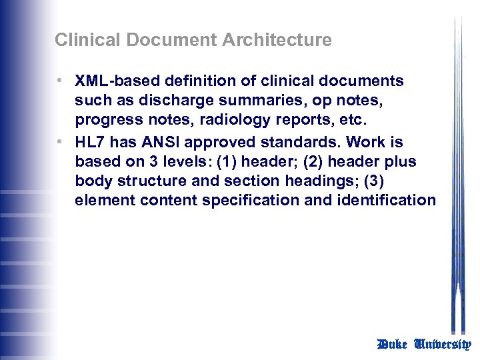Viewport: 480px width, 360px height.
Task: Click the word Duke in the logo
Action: pos(392,345)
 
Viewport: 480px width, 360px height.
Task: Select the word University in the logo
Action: pos(443,345)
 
